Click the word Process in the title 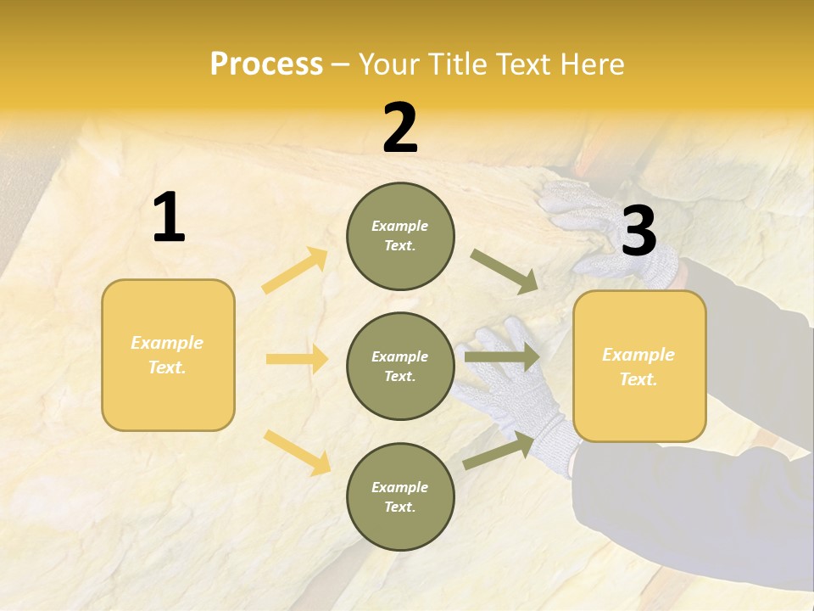pos(266,64)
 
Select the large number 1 pos(169,218)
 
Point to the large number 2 pos(400,128)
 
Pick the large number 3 pos(638,232)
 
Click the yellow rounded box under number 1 pos(168,355)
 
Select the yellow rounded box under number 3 pos(639,366)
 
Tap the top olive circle pos(400,236)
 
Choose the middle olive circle pos(400,366)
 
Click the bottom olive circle pos(400,496)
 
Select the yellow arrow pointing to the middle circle pos(297,359)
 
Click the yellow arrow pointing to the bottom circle pos(297,451)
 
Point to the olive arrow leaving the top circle pos(505,272)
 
